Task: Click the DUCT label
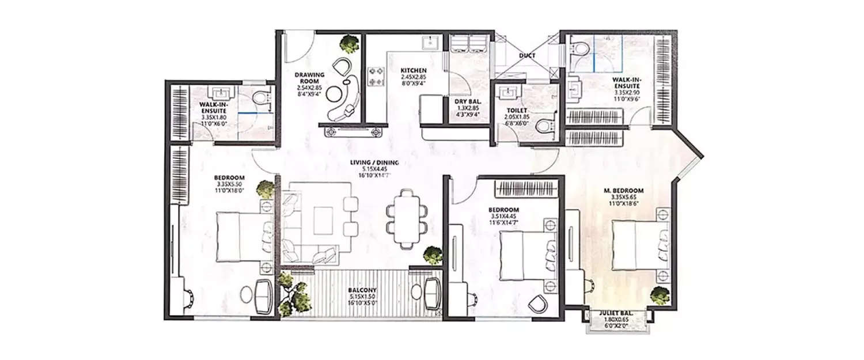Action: [526, 56]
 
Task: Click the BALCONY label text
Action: [362, 291]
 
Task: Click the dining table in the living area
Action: [406, 218]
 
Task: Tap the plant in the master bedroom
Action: [659, 295]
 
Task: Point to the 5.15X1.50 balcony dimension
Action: [362, 298]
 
